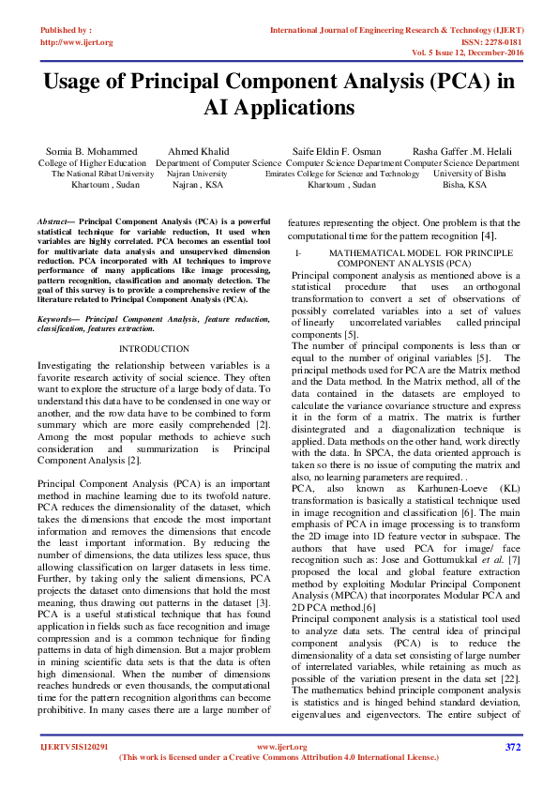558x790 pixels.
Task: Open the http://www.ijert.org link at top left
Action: tap(76, 42)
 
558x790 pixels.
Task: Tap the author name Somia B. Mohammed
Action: tap(91, 151)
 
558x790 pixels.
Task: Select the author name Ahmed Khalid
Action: tap(198, 151)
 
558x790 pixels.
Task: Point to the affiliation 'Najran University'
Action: tap(197, 174)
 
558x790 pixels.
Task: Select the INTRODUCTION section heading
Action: tap(154, 348)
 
